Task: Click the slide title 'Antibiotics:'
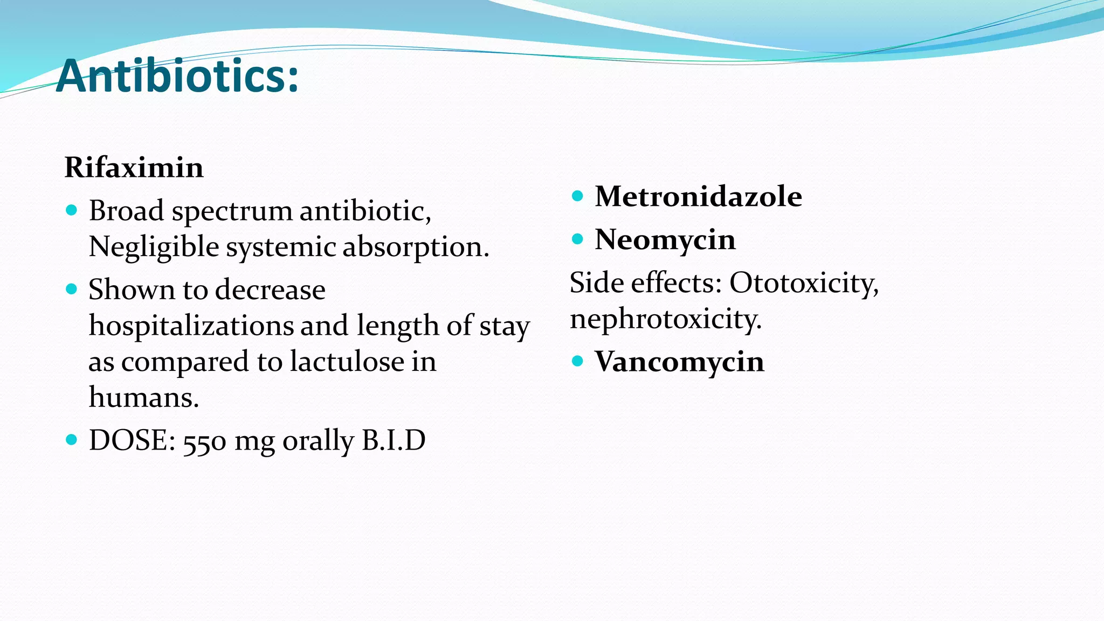coord(177,77)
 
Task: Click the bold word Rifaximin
coord(134,167)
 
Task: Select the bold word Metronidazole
coord(698,196)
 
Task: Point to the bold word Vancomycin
coord(679,361)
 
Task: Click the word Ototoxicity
coord(804,282)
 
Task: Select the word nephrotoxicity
coord(666,319)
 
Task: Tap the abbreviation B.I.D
coord(394,440)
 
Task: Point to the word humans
coord(143,397)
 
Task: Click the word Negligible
coord(154,247)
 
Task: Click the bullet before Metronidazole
coord(577,196)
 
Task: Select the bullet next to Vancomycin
coord(577,361)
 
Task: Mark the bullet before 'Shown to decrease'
coord(71,289)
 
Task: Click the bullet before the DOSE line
coord(71,440)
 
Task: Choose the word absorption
coord(416,247)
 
